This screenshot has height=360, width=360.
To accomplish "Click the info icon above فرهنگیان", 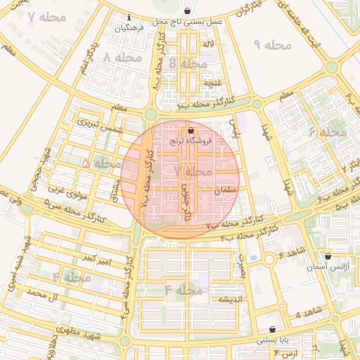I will click(x=128, y=18).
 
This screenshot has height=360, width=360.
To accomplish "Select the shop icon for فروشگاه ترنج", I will click(x=191, y=131).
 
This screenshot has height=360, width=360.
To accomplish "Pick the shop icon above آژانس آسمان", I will click(x=328, y=257).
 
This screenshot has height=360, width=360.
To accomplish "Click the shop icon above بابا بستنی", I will click(x=273, y=329).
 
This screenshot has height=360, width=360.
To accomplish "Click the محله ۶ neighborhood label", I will click(x=328, y=131).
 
